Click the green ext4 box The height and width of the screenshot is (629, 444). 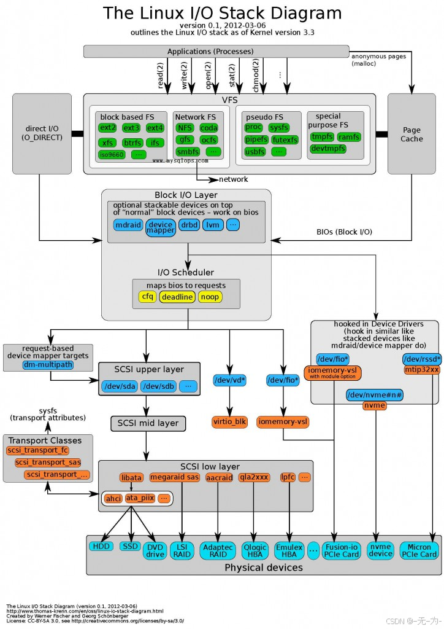point(155,128)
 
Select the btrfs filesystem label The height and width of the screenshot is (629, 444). point(132,143)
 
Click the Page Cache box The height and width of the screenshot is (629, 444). point(411,135)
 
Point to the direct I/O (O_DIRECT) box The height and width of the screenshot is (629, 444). point(42,133)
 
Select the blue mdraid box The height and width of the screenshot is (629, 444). point(128,225)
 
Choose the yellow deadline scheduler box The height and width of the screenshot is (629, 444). point(177,297)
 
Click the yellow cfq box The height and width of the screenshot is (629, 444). point(147,297)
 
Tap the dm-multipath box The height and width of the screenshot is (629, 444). point(47,365)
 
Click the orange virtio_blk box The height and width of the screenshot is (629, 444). point(230,421)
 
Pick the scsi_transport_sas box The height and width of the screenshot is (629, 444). point(48,462)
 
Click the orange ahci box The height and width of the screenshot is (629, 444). point(113,498)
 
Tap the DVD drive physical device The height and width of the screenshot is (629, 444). point(155,550)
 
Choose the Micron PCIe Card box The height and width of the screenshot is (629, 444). point(419,550)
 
